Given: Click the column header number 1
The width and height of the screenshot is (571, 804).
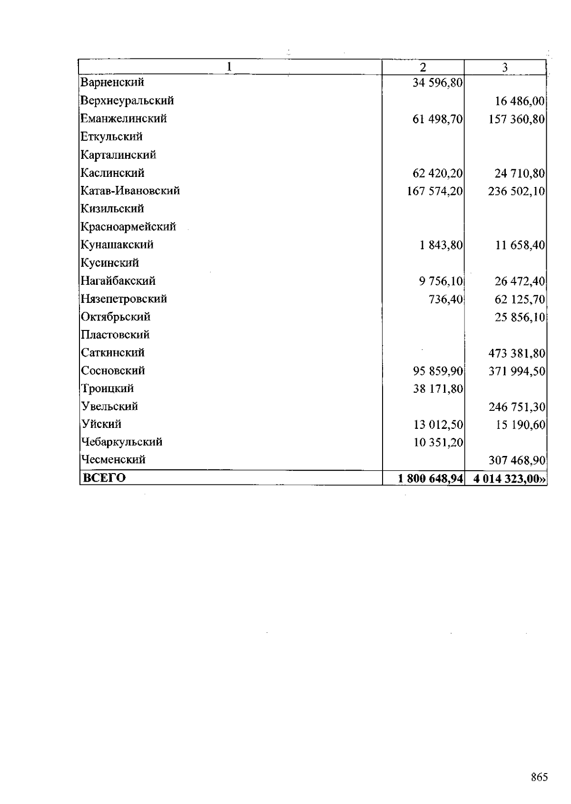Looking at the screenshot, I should (x=230, y=67).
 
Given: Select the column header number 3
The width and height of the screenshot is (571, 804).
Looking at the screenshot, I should (x=505, y=68).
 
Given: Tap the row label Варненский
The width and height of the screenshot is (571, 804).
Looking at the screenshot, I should (x=112, y=82).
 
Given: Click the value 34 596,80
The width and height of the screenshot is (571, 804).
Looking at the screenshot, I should (x=437, y=83).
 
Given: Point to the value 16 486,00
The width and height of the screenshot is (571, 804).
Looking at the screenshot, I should (x=520, y=101).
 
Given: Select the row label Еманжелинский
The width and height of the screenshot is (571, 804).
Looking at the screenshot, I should (x=124, y=118).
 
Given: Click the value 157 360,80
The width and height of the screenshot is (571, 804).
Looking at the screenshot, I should (x=516, y=119).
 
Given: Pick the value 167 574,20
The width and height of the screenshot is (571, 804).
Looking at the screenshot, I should (x=434, y=191).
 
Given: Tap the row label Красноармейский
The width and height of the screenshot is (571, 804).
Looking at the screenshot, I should (x=128, y=227).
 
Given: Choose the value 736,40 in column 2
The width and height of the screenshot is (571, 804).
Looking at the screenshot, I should (x=445, y=300).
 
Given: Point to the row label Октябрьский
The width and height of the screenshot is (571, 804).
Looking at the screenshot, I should (x=116, y=317).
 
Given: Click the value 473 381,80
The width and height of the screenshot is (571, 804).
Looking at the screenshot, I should (x=516, y=353).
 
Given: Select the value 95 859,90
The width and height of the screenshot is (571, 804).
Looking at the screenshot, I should (x=437, y=371).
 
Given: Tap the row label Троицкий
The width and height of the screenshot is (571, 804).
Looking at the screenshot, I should (x=108, y=388).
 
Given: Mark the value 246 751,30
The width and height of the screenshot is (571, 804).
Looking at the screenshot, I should (x=516, y=407).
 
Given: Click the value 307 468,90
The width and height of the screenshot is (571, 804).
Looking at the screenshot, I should (x=516, y=460).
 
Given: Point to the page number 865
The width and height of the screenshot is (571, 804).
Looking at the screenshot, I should (x=539, y=777).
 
